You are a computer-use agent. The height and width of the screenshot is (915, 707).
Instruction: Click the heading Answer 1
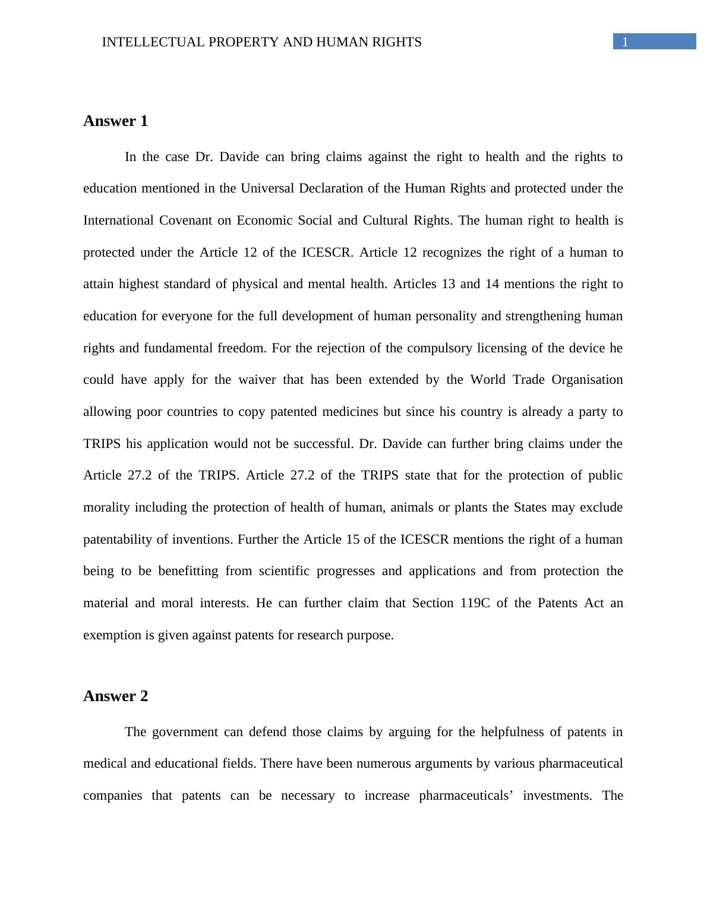pos(115,121)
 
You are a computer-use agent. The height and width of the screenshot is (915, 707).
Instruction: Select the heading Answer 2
pos(115,696)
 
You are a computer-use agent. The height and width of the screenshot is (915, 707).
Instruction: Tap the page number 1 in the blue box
pos(625,42)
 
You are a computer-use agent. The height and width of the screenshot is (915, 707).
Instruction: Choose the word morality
pos(107,507)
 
